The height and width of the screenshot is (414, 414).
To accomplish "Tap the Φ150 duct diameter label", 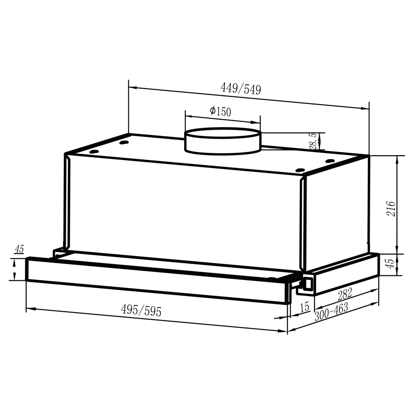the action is click(221, 111).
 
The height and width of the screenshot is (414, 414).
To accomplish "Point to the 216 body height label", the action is click(391, 209).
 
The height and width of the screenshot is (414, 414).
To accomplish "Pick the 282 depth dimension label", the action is click(345, 294).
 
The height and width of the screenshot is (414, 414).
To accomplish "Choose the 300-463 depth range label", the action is click(331, 312).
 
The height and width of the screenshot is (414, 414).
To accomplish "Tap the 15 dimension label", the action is click(304, 307).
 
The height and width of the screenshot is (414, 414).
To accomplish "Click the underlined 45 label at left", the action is click(19, 249).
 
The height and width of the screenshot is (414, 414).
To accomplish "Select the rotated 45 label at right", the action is click(390, 263).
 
